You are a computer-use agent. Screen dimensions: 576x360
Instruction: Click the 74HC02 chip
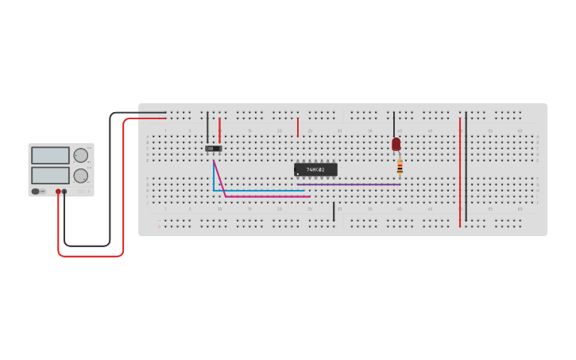315,169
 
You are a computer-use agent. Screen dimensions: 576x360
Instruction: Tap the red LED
396,144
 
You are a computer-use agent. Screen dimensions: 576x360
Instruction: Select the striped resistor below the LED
400,165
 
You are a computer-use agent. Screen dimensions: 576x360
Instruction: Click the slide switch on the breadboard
213,148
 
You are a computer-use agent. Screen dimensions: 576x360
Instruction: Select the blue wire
254,191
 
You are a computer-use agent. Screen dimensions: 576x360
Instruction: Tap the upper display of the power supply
50,155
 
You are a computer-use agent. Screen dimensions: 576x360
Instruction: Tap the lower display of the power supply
50,175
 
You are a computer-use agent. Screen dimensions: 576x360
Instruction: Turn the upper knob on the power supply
80,155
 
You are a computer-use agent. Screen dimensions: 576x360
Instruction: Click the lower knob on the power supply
80,176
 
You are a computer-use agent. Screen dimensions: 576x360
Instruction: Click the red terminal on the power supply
58,192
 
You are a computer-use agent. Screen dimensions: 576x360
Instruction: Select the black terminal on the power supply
64,192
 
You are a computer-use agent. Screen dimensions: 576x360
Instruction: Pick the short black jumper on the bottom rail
334,211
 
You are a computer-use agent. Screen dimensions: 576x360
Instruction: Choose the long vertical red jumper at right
460,171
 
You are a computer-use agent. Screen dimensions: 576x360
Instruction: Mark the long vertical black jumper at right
466,167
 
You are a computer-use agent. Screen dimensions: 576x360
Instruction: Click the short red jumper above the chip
298,127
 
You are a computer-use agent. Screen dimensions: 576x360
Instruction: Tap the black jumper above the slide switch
207,127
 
